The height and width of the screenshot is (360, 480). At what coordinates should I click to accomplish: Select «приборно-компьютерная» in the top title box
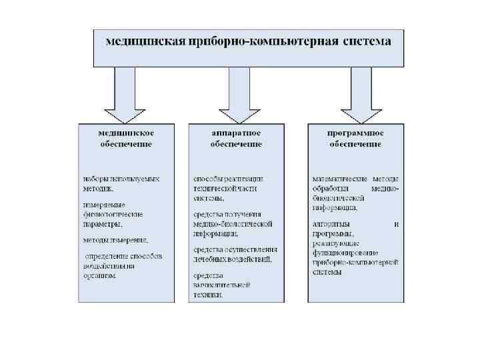click(x=259, y=41)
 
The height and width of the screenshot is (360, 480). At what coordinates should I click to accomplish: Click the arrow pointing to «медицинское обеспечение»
click(x=126, y=93)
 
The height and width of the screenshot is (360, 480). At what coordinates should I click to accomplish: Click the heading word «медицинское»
click(x=126, y=133)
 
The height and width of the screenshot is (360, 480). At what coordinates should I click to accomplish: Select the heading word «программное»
click(x=355, y=133)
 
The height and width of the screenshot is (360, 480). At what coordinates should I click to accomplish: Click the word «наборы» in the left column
click(x=95, y=179)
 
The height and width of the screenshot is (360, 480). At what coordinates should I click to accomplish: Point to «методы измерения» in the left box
click(x=115, y=239)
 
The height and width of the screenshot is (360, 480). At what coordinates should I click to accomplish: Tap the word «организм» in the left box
click(x=100, y=275)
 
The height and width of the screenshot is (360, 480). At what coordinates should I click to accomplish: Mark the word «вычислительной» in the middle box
click(x=221, y=285)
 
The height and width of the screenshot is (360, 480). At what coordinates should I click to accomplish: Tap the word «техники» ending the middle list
click(x=208, y=294)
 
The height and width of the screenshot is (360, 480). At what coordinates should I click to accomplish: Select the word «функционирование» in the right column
click(x=345, y=253)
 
